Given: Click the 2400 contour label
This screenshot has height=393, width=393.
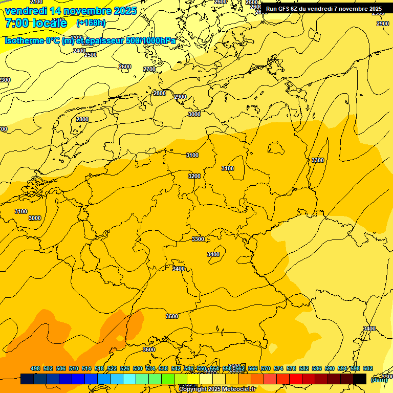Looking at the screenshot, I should pyautogui.click(x=79, y=51).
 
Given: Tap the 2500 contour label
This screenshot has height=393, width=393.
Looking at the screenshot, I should pyautogui.click(x=91, y=55).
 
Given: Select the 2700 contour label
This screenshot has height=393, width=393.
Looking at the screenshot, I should pyautogui.click(x=149, y=69).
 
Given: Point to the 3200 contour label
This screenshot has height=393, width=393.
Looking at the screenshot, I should pyautogui.click(x=194, y=176).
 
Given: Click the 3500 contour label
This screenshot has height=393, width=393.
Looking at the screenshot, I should pyautogui.click(x=172, y=316).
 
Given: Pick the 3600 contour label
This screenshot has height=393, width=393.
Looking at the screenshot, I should pyautogui.click(x=149, y=350).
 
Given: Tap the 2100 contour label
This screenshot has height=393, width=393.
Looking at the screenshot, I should pyautogui.click(x=36, y=2).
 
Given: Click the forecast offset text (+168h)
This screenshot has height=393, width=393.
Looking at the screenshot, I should pyautogui.click(x=91, y=23).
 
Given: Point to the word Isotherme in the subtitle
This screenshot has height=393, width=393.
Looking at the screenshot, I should pyautogui.click(x=24, y=40).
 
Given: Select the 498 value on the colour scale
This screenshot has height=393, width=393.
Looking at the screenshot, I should pyautogui.click(x=35, y=369).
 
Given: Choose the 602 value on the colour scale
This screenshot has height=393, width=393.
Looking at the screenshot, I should pyautogui.click(x=368, y=369).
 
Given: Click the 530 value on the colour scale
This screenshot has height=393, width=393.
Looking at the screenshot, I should pyautogui.click(x=138, y=369).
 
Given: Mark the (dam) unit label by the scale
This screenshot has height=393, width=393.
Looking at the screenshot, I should pyautogui.click(x=379, y=380).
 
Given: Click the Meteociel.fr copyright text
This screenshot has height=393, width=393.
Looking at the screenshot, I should pyautogui.click(x=217, y=389).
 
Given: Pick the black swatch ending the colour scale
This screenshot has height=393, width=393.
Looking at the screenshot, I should pyautogui.click(x=360, y=379).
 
